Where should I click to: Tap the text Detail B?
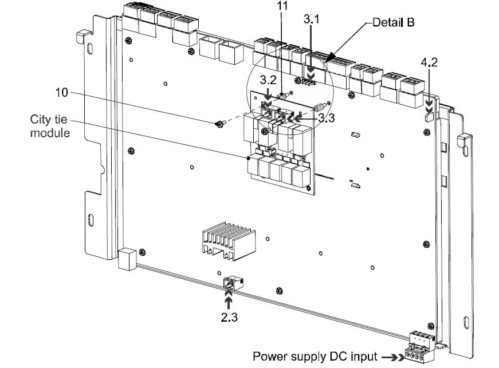click(393, 23)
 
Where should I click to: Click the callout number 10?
click(62, 91)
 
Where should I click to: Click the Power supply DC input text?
click(315, 356)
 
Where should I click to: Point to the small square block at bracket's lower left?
click(125, 259)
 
